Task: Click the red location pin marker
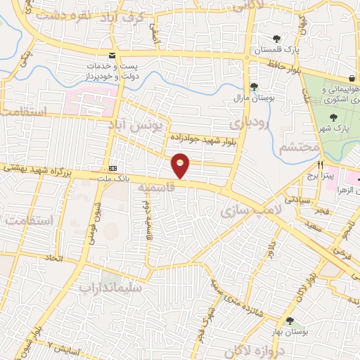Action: pos(181,165)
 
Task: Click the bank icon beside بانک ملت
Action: pos(112,169)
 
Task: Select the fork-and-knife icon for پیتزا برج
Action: pos(320,164)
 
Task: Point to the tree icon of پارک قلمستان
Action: pos(276,39)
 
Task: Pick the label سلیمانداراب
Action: pos(110,287)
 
